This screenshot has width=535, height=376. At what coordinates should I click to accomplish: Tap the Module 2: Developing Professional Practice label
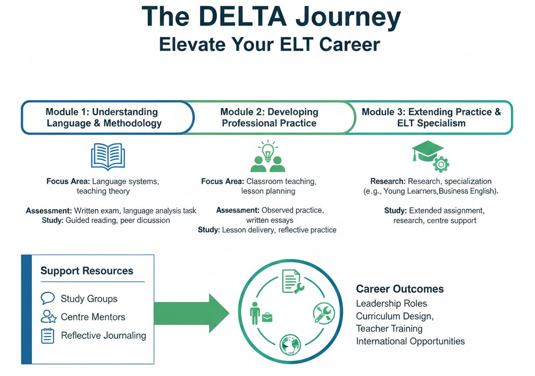point(269,118)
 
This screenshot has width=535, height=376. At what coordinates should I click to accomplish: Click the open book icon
point(108,156)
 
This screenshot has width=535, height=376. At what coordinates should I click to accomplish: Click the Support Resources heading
point(87,271)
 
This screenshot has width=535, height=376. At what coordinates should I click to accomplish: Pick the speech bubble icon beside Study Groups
point(48,298)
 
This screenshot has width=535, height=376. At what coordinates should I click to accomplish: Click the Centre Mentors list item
point(93,317)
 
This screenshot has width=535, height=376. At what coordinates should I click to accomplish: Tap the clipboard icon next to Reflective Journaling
point(48,335)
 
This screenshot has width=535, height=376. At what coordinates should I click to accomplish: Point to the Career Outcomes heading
point(400,289)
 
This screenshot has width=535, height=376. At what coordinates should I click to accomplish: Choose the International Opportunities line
point(410,342)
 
